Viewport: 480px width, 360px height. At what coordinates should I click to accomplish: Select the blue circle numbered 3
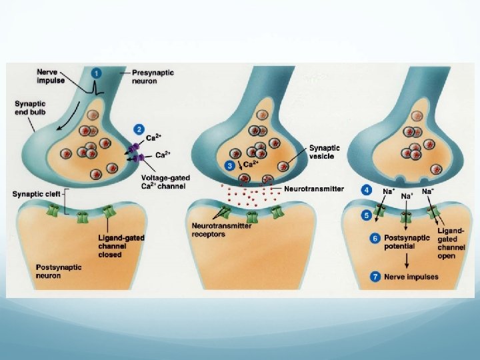click(229, 164)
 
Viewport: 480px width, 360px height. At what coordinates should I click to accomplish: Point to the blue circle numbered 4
click(367, 190)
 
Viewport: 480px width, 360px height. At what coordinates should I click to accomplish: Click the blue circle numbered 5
click(367, 215)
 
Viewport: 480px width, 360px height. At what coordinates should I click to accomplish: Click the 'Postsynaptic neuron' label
click(59, 272)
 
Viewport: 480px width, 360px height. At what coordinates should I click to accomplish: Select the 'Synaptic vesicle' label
click(324, 153)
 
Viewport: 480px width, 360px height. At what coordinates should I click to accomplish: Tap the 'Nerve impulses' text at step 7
click(411, 277)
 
